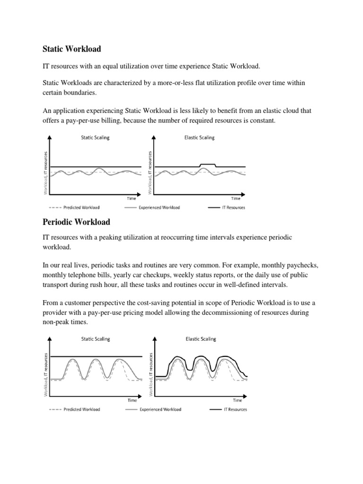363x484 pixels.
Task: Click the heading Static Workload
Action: click(x=72, y=48)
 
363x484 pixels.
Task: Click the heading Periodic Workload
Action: click(x=76, y=222)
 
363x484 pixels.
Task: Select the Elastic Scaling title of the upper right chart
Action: click(x=199, y=138)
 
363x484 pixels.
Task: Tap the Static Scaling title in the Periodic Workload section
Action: click(x=96, y=339)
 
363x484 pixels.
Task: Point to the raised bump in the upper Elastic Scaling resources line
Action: click(x=208, y=164)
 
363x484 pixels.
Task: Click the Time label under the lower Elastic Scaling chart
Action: click(x=237, y=400)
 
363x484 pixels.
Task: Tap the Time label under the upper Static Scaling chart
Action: click(x=131, y=199)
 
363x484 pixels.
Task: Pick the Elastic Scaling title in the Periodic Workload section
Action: click(x=200, y=339)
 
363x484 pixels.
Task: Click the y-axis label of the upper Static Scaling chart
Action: click(x=46, y=173)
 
